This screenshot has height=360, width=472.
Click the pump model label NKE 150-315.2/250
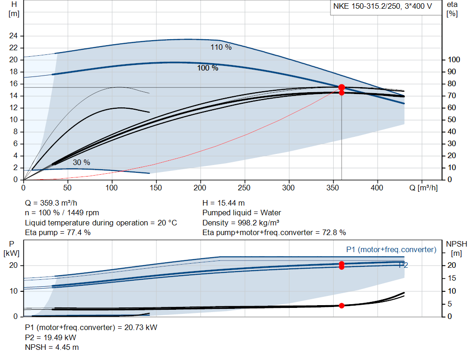pyautogui.click(x=366, y=6)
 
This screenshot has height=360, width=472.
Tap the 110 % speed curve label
pyautogui.click(x=221, y=47)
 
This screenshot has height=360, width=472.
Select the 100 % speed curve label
pyautogui.click(x=208, y=68)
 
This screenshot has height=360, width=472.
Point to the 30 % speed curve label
pyautogui.click(x=82, y=163)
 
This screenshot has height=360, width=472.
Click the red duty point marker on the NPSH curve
pyautogui.click(x=342, y=306)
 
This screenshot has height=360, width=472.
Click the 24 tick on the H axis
pyautogui.click(x=13, y=36)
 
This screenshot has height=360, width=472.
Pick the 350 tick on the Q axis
pyautogui.click(x=333, y=188)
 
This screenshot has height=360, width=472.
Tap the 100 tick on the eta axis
pyautogui.click(x=454, y=59)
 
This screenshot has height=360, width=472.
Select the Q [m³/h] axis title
pyautogui.click(x=423, y=188)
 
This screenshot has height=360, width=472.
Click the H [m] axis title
pyautogui.click(x=14, y=9)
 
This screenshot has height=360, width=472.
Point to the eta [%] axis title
pyautogui.click(x=452, y=9)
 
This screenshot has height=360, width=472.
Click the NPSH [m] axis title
pyautogui.click(x=456, y=248)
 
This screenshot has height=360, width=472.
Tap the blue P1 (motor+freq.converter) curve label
pyautogui.click(x=391, y=249)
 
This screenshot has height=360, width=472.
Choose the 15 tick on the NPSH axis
pyautogui.click(x=452, y=278)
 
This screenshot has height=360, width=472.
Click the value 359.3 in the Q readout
pyautogui.click(x=49, y=203)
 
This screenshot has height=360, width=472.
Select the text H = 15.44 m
pyautogui.click(x=224, y=203)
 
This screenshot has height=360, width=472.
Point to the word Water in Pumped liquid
pyautogui.click(x=271, y=213)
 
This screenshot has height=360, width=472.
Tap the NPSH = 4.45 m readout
pyautogui.click(x=52, y=348)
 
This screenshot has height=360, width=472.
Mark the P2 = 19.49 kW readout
pyautogui.click(x=51, y=337)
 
